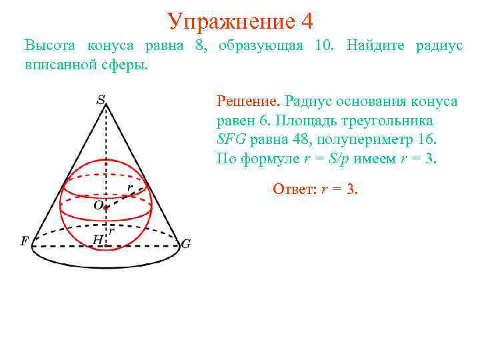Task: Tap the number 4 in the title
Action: pos(307,21)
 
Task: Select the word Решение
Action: pos(247,101)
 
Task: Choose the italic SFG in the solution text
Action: pos(232,141)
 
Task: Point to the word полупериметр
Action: pos(363,141)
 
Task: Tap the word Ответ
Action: pos(294,189)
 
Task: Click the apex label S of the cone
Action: pos(101,101)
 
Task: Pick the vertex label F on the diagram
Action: pos(25,241)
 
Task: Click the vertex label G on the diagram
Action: pos(186,244)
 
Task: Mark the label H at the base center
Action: pos(98,239)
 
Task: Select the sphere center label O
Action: pos(98,206)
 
